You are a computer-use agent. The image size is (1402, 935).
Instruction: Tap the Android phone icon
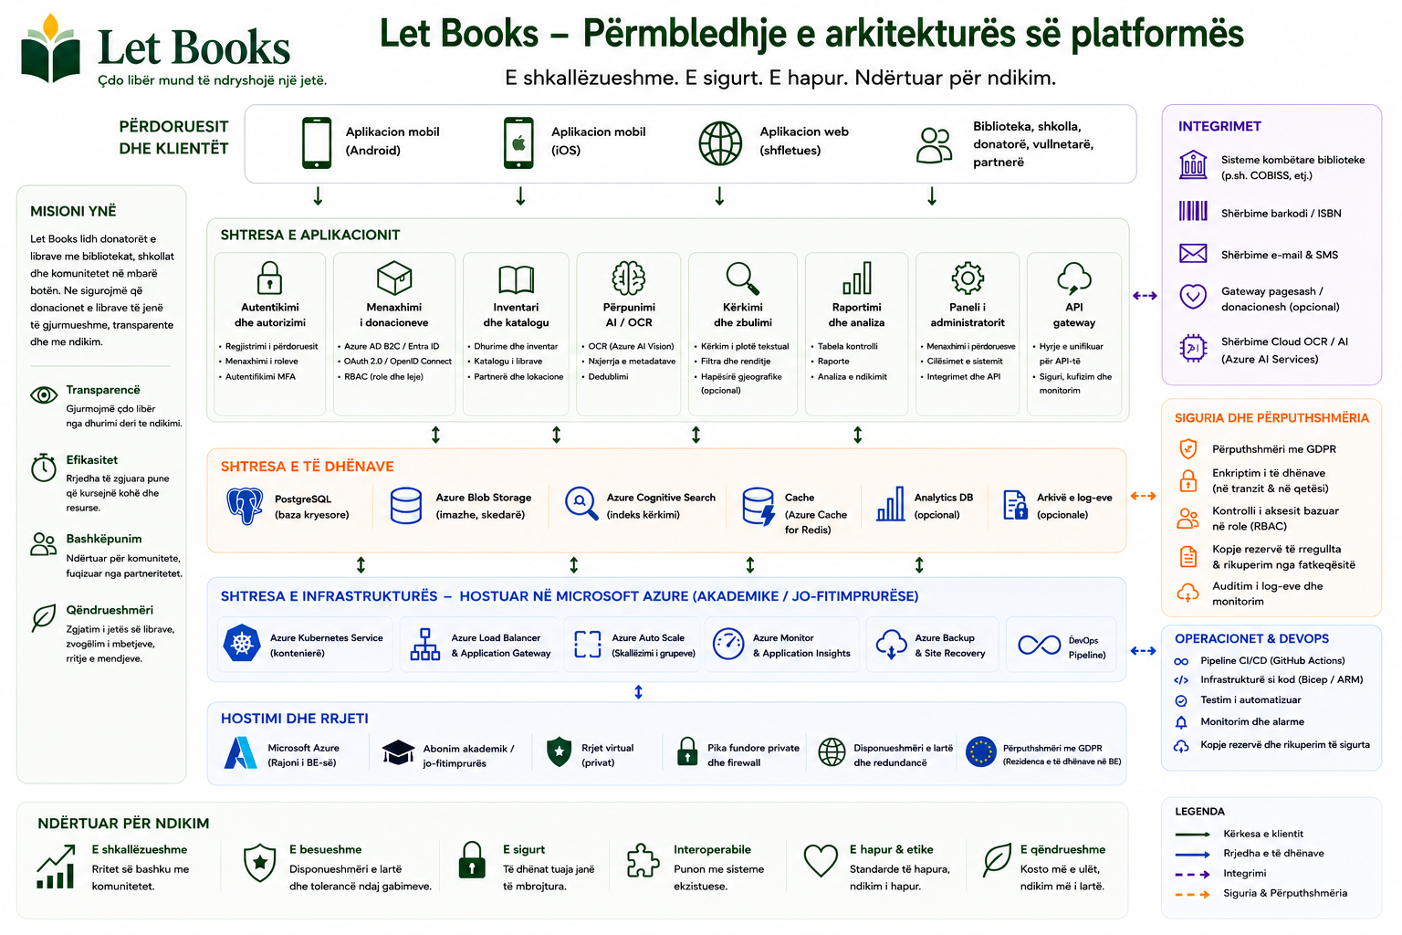coord(317,142)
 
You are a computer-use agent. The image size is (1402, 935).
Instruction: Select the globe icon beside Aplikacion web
coord(720,143)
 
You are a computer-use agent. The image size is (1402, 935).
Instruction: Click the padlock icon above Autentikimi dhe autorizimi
coord(270,278)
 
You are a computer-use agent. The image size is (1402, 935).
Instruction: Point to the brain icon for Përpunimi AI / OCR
coord(628,278)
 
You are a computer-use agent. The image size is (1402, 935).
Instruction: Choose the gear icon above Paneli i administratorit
coord(968,278)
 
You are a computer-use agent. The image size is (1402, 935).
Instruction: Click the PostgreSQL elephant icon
coord(244,506)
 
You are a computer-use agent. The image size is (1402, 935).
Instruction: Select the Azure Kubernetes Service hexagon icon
coord(242,643)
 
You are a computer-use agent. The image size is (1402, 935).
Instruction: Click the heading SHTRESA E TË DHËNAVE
coord(307,467)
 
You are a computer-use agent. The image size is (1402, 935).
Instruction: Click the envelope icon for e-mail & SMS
coord(1193,254)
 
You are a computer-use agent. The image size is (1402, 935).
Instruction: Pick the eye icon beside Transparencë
coord(44,395)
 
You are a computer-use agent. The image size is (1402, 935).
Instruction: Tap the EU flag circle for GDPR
coord(981,751)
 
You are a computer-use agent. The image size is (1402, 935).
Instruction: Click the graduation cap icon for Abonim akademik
coord(398,752)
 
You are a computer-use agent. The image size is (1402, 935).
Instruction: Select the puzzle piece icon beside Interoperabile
coord(643,860)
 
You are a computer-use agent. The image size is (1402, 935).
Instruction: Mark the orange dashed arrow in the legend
coord(1192,894)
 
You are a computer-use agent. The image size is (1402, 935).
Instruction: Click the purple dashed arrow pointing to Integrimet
coord(1145,296)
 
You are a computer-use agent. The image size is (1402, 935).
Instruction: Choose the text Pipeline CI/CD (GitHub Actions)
coord(1271,661)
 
